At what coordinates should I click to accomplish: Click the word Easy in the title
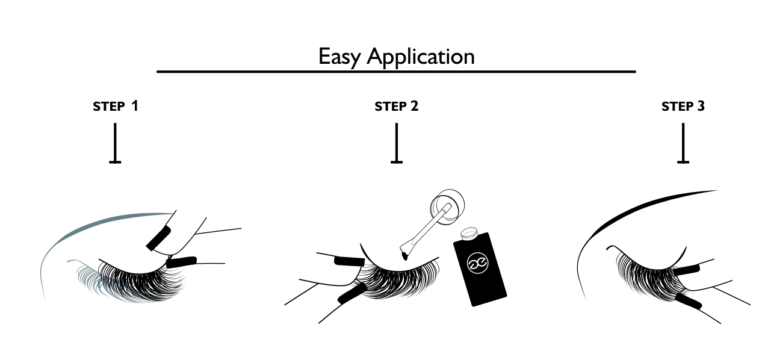pyautogui.click(x=339, y=57)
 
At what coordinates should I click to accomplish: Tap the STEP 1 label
pyautogui.click(x=116, y=107)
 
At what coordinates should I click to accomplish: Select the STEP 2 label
pyautogui.click(x=396, y=107)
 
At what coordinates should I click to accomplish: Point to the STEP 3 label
pyautogui.click(x=683, y=107)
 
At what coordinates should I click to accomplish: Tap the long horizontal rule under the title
pyautogui.click(x=395, y=72)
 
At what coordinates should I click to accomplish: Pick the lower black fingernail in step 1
pyautogui.click(x=182, y=261)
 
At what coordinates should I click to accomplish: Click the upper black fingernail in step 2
pyautogui.click(x=348, y=261)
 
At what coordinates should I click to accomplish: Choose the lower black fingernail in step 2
pyautogui.click(x=353, y=293)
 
